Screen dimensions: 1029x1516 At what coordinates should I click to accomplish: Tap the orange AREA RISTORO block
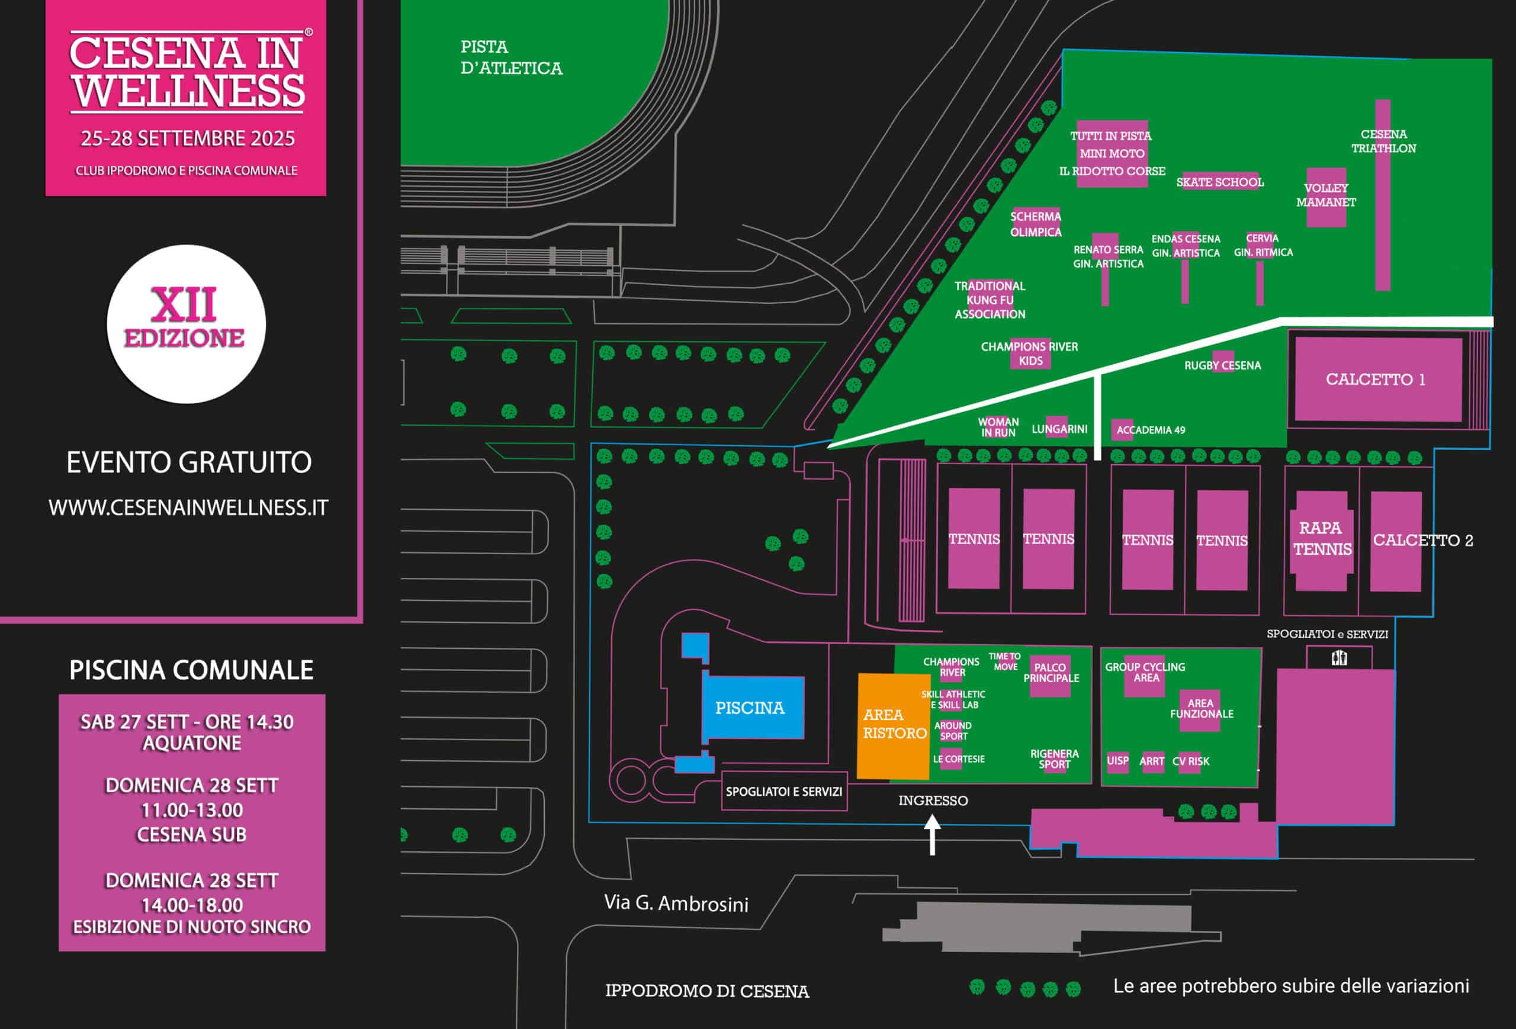coord(893,725)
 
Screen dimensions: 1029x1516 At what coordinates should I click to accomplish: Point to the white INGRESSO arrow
coord(932,834)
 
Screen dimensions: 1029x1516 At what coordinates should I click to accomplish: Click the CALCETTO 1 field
coord(1377,380)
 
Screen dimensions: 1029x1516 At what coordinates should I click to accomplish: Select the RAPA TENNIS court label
coord(1322,539)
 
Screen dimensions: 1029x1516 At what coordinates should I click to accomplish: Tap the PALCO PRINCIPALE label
coord(1050,673)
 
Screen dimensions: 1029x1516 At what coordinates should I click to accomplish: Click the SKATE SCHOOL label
coord(1220,182)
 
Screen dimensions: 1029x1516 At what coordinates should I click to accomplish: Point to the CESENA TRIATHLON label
coord(1383,142)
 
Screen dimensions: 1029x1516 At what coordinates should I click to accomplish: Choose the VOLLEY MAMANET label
coord(1325,195)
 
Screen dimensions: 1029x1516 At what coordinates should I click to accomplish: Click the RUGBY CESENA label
coord(1222,366)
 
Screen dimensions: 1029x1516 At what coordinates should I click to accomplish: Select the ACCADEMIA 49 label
coord(1150,430)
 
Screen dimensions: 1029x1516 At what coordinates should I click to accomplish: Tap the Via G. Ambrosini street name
coord(676,903)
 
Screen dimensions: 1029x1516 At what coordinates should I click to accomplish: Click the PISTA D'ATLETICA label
coord(511,57)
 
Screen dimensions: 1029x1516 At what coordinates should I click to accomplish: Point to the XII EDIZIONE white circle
coord(186,324)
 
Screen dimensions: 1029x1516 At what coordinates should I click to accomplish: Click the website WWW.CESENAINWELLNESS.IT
coord(188,508)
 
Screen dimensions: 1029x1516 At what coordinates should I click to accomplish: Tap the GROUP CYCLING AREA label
coord(1145,673)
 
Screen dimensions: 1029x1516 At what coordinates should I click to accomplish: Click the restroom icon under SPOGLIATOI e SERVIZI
coord(1338,658)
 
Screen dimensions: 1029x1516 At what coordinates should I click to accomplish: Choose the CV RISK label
coord(1190,761)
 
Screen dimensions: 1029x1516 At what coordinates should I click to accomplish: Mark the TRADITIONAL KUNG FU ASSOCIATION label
coord(990,300)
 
